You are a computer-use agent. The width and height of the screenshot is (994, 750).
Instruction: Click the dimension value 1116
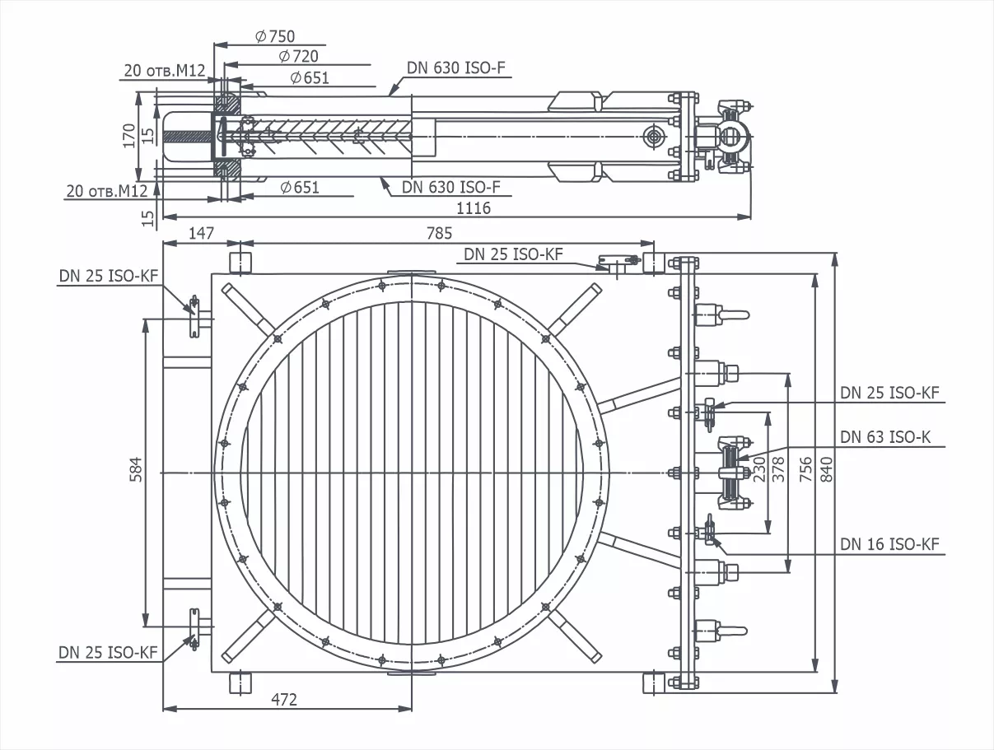tap(473, 208)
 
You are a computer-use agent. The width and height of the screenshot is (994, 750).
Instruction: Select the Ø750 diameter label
tap(275, 36)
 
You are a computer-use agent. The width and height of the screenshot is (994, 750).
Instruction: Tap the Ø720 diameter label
tap(298, 56)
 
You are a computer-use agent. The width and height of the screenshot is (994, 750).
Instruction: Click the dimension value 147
tap(202, 233)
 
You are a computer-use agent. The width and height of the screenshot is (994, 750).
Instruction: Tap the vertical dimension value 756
tap(805, 470)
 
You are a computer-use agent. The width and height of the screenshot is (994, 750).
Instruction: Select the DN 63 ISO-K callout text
tap(885, 437)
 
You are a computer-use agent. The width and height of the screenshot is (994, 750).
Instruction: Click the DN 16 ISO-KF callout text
tap(889, 544)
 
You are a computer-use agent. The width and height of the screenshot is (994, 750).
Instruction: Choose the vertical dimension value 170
tap(128, 135)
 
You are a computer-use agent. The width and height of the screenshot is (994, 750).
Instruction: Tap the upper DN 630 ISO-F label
tap(456, 68)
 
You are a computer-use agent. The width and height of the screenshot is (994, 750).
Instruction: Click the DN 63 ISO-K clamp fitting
tap(730, 473)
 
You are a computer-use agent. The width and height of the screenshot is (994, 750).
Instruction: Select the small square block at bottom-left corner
tap(239, 682)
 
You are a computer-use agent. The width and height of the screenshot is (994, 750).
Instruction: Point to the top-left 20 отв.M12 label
tap(164, 71)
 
